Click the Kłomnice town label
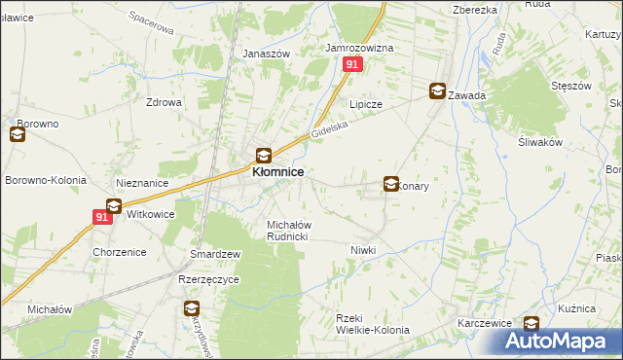pos(277,171)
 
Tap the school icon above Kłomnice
pos(263,154)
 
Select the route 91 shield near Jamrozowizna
pos(352,64)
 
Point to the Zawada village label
pos(468,95)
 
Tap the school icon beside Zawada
pos(438,91)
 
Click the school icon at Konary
pos(391,182)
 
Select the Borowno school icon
pos(18,135)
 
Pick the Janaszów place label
pos(266,54)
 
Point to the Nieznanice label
pos(142,182)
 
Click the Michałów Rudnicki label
pos(288,231)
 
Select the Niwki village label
pos(362,250)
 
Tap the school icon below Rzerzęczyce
pos(192,309)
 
